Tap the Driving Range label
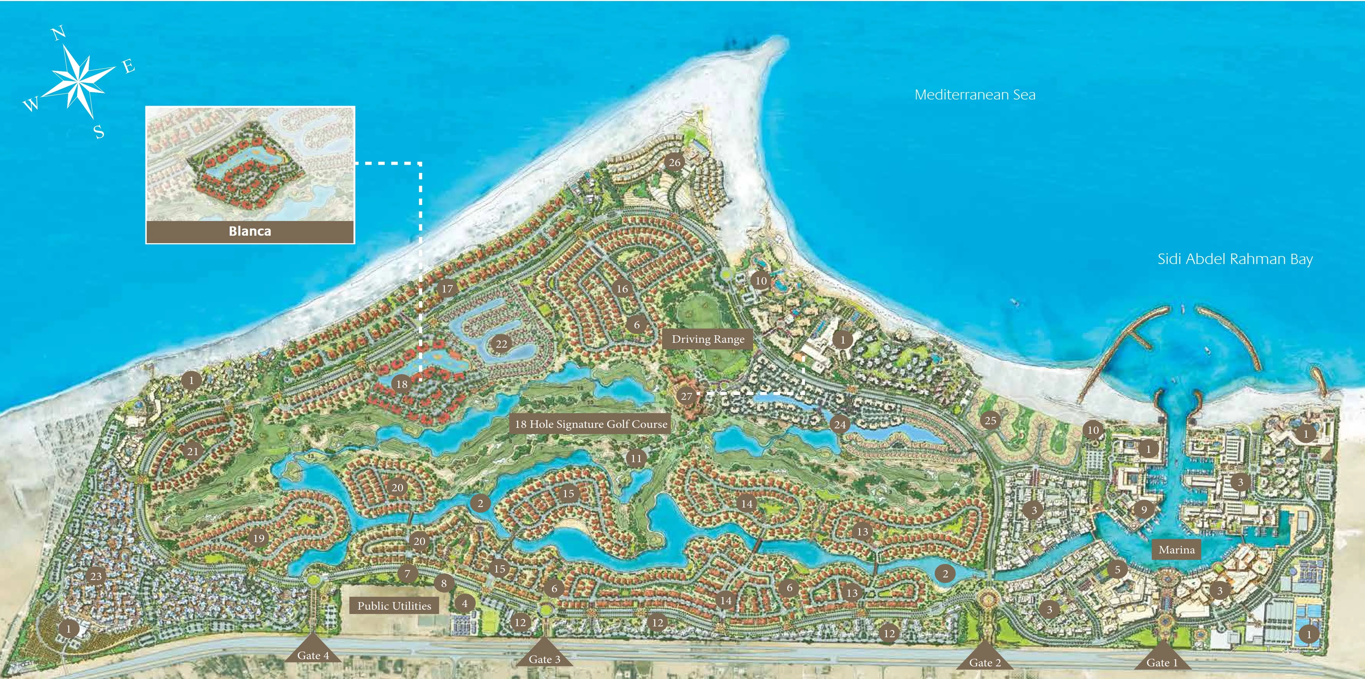(708, 339)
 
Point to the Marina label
(1177, 550)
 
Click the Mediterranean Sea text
(975, 95)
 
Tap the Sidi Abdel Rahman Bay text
(1235, 259)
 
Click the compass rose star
(79, 80)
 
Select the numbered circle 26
(675, 162)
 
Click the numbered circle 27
(686, 396)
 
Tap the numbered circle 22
(501, 344)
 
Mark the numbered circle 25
(990, 421)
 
